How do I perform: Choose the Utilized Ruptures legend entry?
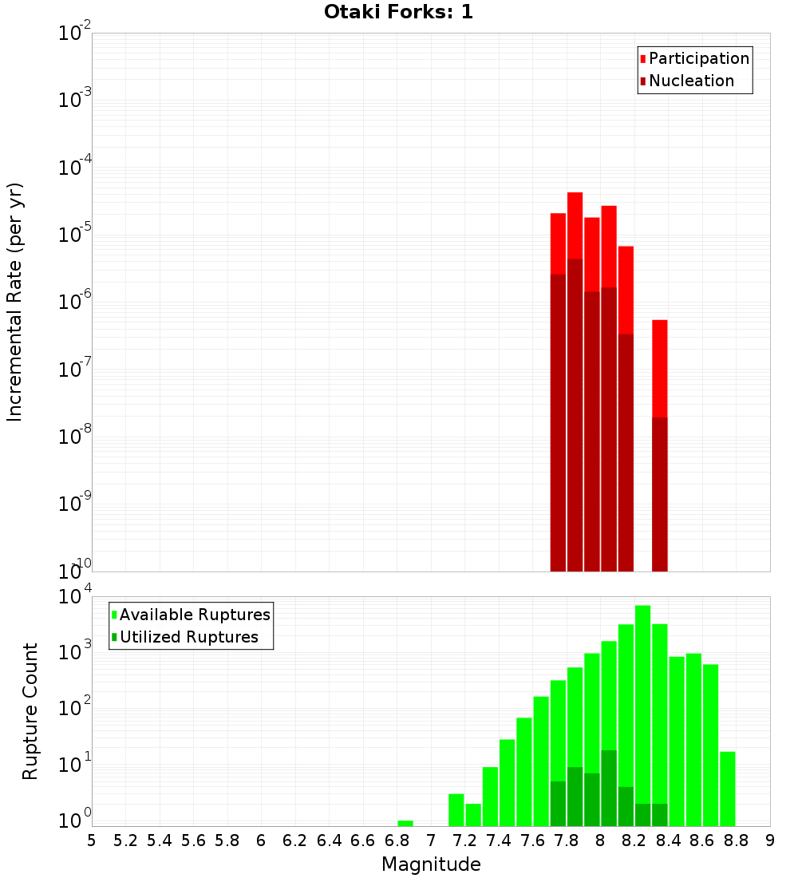pyautogui.click(x=188, y=637)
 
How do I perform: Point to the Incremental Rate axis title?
pyautogui.click(x=14, y=303)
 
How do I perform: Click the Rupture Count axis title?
pyautogui.click(x=30, y=711)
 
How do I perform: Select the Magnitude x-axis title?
pyautogui.click(x=431, y=864)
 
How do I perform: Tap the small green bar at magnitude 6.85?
pyautogui.click(x=405, y=823)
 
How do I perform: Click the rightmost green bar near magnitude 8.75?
pyautogui.click(x=728, y=789)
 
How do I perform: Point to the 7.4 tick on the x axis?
pyautogui.click(x=499, y=840)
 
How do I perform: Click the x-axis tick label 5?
pyautogui.click(x=92, y=840)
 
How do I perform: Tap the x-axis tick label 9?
pyautogui.click(x=770, y=840)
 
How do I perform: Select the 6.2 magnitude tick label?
pyautogui.click(x=294, y=840)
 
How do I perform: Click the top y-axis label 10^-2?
pyautogui.click(x=76, y=34)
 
